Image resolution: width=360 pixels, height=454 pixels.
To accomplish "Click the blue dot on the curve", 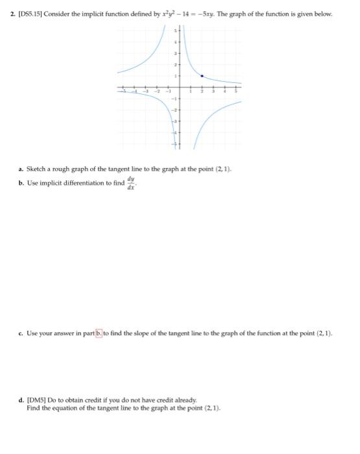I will tap(202, 76).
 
